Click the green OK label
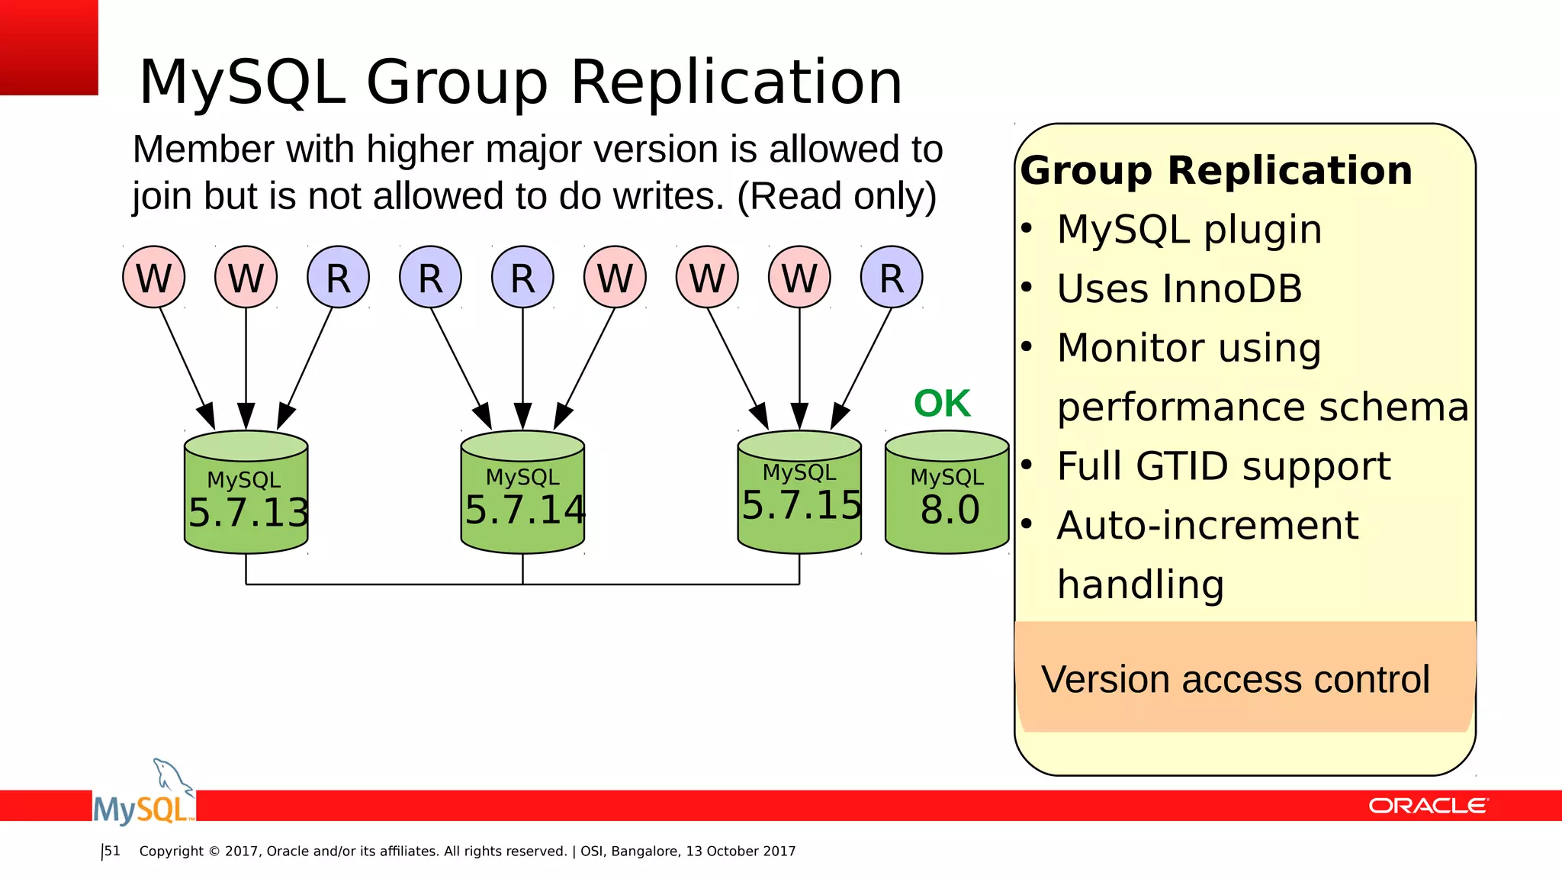(x=942, y=403)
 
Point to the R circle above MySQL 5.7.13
(x=338, y=277)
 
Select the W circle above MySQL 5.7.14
(x=615, y=277)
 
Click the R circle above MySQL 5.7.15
(x=892, y=277)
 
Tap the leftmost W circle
(x=154, y=277)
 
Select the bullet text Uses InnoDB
(x=1179, y=289)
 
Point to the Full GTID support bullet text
(x=1223, y=466)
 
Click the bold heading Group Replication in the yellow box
(x=1216, y=170)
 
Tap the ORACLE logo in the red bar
(x=1427, y=806)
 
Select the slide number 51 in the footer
(x=112, y=851)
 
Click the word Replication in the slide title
(x=736, y=82)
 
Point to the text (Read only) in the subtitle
(x=836, y=196)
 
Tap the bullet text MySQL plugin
(x=1189, y=230)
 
